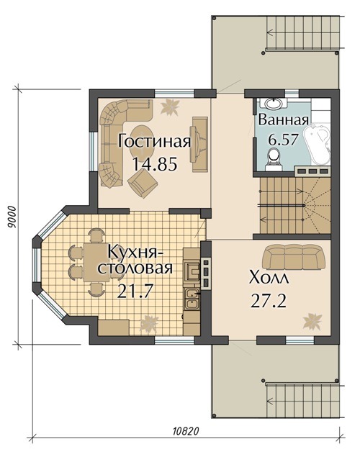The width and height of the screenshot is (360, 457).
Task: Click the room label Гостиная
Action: pos(155,140)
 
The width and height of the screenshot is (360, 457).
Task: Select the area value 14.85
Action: pos(155,163)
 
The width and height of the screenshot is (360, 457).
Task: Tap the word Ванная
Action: pos(284,119)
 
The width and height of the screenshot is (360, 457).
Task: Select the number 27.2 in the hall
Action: pos(267,301)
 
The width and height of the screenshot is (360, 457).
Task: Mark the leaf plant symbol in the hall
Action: pos(311,320)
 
